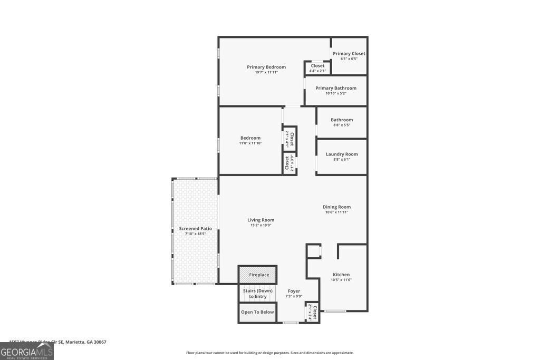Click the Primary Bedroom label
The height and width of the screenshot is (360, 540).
click(x=266, y=67)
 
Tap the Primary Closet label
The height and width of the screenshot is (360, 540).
click(x=349, y=53)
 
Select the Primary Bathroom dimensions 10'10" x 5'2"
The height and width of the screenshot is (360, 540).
click(x=336, y=93)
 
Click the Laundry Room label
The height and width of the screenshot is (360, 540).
click(x=342, y=154)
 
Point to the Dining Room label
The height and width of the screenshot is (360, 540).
click(x=336, y=207)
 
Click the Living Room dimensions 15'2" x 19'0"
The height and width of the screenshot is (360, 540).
click(x=261, y=225)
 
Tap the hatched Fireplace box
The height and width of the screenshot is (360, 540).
click(x=257, y=275)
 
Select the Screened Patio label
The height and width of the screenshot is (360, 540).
click(x=195, y=228)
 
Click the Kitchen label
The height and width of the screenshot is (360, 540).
click(x=341, y=274)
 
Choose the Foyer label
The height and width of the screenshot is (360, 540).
click(x=294, y=291)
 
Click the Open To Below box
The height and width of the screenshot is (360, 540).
click(x=257, y=312)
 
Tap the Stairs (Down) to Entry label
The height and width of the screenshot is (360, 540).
click(x=257, y=294)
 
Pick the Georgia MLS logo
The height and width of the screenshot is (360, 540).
click(x=27, y=352)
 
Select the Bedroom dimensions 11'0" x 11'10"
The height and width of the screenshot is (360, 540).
click(x=250, y=143)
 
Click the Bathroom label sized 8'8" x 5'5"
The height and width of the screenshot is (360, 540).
click(x=342, y=120)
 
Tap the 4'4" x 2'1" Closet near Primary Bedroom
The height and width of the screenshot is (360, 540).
click(x=317, y=68)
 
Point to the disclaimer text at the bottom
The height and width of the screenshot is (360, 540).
click(x=269, y=353)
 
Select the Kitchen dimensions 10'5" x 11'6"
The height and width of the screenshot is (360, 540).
click(x=341, y=280)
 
